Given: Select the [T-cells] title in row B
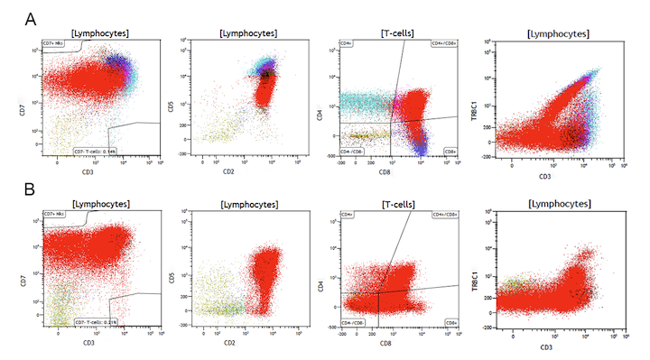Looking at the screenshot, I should point(394,205).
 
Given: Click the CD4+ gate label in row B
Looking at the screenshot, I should point(347,215).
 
